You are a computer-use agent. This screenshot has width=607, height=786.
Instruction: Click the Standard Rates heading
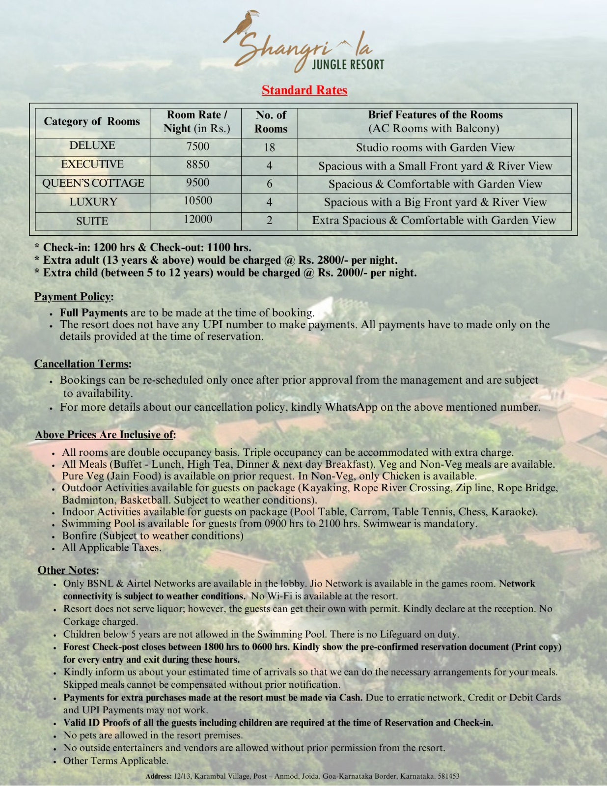(x=304, y=90)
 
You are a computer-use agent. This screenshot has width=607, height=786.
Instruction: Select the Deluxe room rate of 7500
(x=197, y=146)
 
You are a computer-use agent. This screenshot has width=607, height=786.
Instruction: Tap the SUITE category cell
(x=92, y=221)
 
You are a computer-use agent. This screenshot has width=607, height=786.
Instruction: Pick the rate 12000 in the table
(x=197, y=219)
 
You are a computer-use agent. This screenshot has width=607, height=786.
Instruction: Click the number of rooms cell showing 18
(x=269, y=147)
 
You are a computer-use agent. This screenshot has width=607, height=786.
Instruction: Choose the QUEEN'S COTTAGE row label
(x=93, y=183)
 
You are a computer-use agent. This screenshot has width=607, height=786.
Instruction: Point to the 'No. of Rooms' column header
(x=271, y=122)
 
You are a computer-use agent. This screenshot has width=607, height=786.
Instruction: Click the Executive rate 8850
(x=197, y=165)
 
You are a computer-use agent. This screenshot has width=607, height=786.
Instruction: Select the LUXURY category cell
(x=93, y=202)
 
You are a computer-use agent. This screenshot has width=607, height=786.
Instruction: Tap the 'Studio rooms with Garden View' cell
(x=435, y=147)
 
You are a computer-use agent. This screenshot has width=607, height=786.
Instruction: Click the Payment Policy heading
(x=73, y=297)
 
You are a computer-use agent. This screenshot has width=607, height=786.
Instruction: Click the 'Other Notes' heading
(x=68, y=570)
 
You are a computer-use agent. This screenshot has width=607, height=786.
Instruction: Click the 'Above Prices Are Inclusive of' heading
(x=105, y=435)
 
